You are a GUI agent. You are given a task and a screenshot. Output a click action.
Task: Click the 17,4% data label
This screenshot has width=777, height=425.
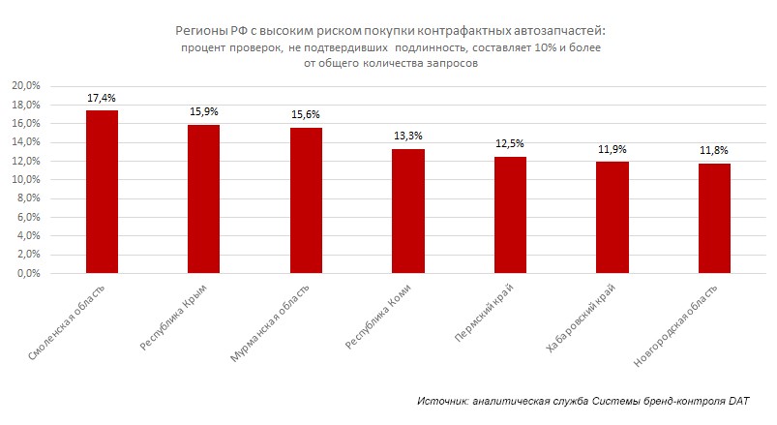tap(102, 99)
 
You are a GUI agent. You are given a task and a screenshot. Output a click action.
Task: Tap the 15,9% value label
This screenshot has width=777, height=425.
tap(204, 112)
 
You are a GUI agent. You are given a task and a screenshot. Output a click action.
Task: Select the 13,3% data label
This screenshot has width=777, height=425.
tap(408, 137)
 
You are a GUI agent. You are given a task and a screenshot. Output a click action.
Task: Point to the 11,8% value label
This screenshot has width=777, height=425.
tap(714, 150)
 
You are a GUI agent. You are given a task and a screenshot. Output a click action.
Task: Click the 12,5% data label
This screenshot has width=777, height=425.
tap(510, 144)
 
